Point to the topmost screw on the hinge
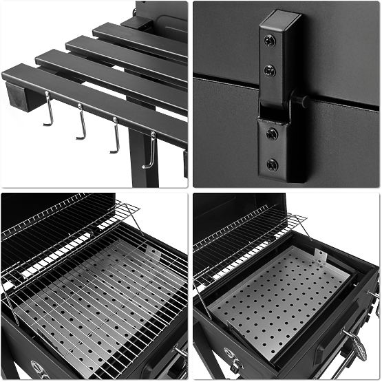270,41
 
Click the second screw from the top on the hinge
270,70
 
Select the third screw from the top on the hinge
272,134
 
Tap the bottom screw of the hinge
273,165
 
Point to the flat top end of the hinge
280,16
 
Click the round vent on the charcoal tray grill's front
235,363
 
